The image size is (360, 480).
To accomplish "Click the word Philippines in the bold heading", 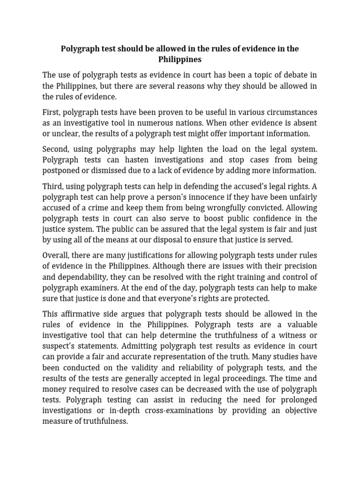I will pos(180,60).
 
